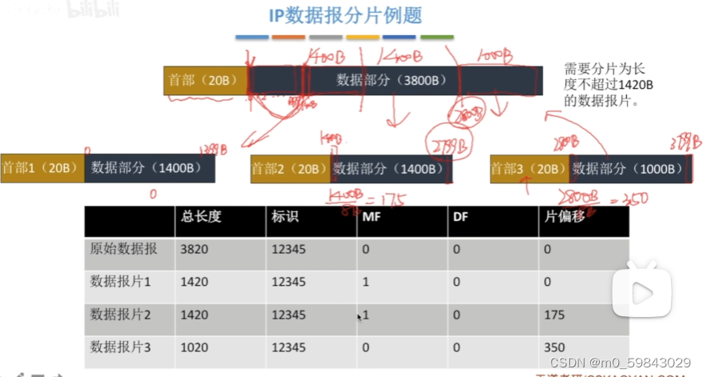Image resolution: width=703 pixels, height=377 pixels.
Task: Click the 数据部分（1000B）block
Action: click(629, 169)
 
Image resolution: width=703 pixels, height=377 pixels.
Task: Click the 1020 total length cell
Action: click(195, 347)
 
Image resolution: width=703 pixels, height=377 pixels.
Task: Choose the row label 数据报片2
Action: click(121, 315)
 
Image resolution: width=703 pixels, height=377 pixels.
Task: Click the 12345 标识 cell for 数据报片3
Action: click(288, 347)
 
